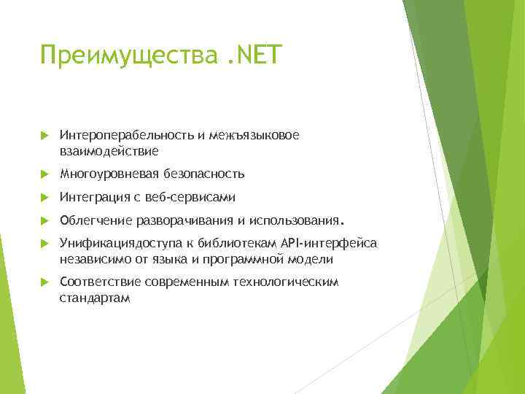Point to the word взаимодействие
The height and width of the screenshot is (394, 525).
[x=109, y=151]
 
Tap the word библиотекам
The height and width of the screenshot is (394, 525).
[x=247, y=242]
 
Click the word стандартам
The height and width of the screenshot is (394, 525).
[x=95, y=298]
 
